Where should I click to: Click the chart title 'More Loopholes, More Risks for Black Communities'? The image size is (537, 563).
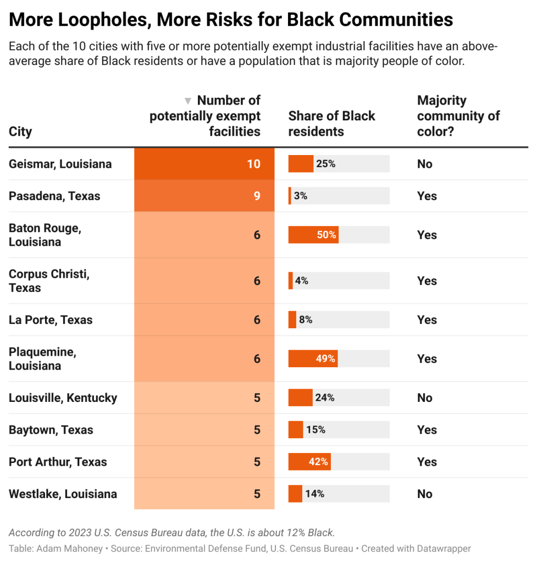click(231, 19)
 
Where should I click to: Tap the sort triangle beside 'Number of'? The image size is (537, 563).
click(188, 101)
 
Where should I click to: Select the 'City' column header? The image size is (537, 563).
click(20, 132)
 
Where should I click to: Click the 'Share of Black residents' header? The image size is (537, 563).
click(331, 124)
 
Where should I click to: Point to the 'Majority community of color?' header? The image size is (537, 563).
click(458, 116)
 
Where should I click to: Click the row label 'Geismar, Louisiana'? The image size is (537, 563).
click(60, 164)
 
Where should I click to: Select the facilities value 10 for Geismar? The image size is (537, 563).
click(253, 164)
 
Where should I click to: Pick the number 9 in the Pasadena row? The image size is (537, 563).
click(257, 196)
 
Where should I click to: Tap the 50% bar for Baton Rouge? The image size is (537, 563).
click(313, 235)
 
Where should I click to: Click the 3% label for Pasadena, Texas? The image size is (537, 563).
click(301, 196)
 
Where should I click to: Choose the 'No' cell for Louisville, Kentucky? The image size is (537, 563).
click(425, 398)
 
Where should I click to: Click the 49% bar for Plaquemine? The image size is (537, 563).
click(313, 359)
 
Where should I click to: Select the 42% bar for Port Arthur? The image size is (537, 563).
click(309, 462)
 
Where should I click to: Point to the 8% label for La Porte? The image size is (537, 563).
click(306, 320)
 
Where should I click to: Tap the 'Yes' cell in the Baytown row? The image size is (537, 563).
click(427, 430)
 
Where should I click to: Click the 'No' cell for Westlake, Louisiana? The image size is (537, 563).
click(425, 494)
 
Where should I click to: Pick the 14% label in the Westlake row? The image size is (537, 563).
click(314, 494)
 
